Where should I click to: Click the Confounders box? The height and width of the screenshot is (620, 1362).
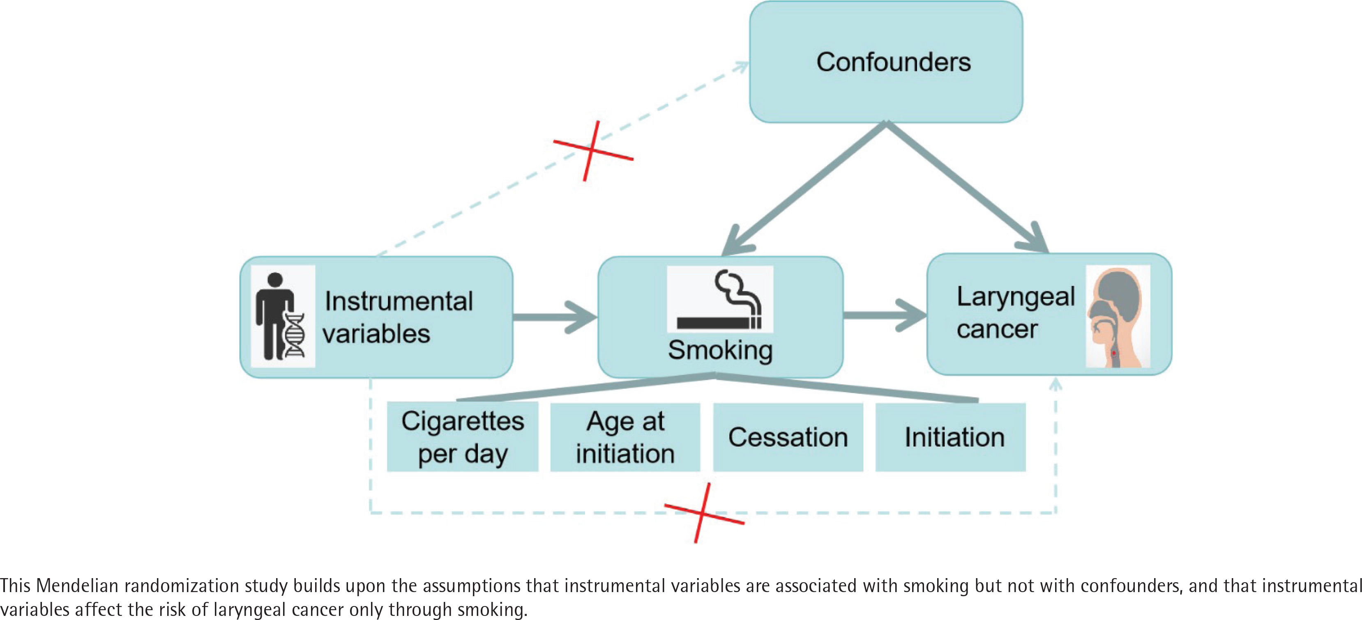pos(886,62)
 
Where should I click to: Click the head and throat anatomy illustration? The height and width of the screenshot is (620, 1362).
pos(1117,316)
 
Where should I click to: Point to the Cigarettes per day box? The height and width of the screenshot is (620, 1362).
pos(463,436)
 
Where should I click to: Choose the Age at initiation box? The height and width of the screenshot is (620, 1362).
pos(625,436)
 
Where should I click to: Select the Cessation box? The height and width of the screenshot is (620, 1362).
pos(788,436)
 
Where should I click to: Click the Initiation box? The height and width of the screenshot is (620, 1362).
pos(951,436)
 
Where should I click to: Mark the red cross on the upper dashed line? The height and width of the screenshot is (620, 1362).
pos(592,151)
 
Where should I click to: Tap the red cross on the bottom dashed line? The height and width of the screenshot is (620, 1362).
pos(703,513)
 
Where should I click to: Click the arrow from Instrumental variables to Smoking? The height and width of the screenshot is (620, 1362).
pos(555,317)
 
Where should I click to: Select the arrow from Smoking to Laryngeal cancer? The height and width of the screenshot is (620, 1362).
pos(884,316)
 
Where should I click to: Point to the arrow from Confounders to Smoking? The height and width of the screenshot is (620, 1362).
pos(804,188)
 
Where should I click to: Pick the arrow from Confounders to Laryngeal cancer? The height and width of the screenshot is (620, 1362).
pos(968,188)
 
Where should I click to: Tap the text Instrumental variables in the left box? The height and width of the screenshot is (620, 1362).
pos(398,317)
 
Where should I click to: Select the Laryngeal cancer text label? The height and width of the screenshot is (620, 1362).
pos(1015,313)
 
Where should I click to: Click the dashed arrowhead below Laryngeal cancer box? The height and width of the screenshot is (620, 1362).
pos(1056,384)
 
